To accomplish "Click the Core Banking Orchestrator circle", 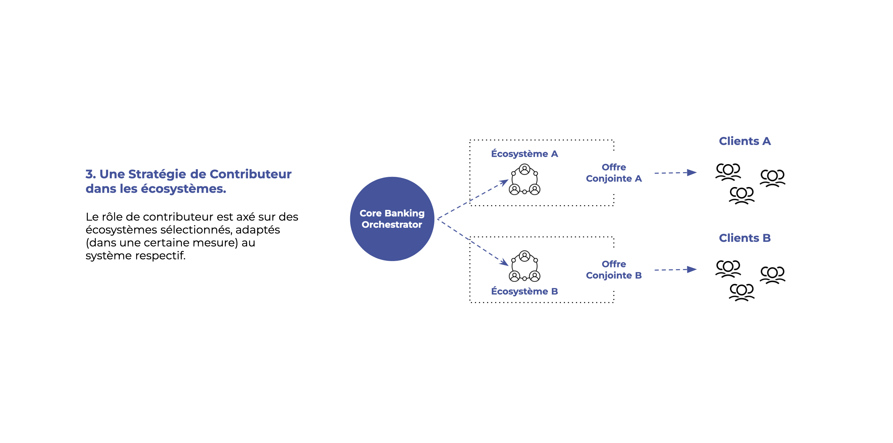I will coord(392,219).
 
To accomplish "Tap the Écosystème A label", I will coord(524,154).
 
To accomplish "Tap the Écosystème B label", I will coord(524,291).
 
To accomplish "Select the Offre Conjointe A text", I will coord(614,173).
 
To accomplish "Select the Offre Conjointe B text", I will coord(614,270).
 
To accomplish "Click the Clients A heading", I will coord(745,141).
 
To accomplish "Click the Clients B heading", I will coord(745,238).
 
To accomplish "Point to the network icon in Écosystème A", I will coord(525,179).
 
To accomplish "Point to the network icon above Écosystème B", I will coord(525,266).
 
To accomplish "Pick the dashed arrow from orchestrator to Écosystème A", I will coord(473,199).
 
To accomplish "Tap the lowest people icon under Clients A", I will coord(741,195).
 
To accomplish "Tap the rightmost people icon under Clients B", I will coord(772,275).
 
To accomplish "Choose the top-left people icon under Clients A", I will coord(728,172).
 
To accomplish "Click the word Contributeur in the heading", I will coord(250,174).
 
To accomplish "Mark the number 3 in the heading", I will coord(90,174).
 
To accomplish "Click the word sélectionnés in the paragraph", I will coord(197,230).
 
